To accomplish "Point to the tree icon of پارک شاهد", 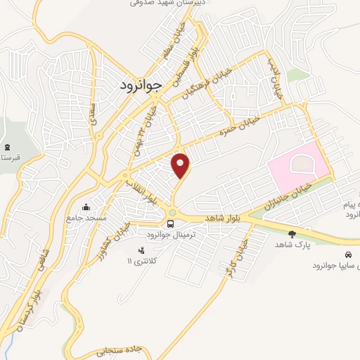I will coord(292,233).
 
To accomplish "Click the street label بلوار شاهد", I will coord(224,220).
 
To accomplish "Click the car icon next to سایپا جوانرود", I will coord(348,254).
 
